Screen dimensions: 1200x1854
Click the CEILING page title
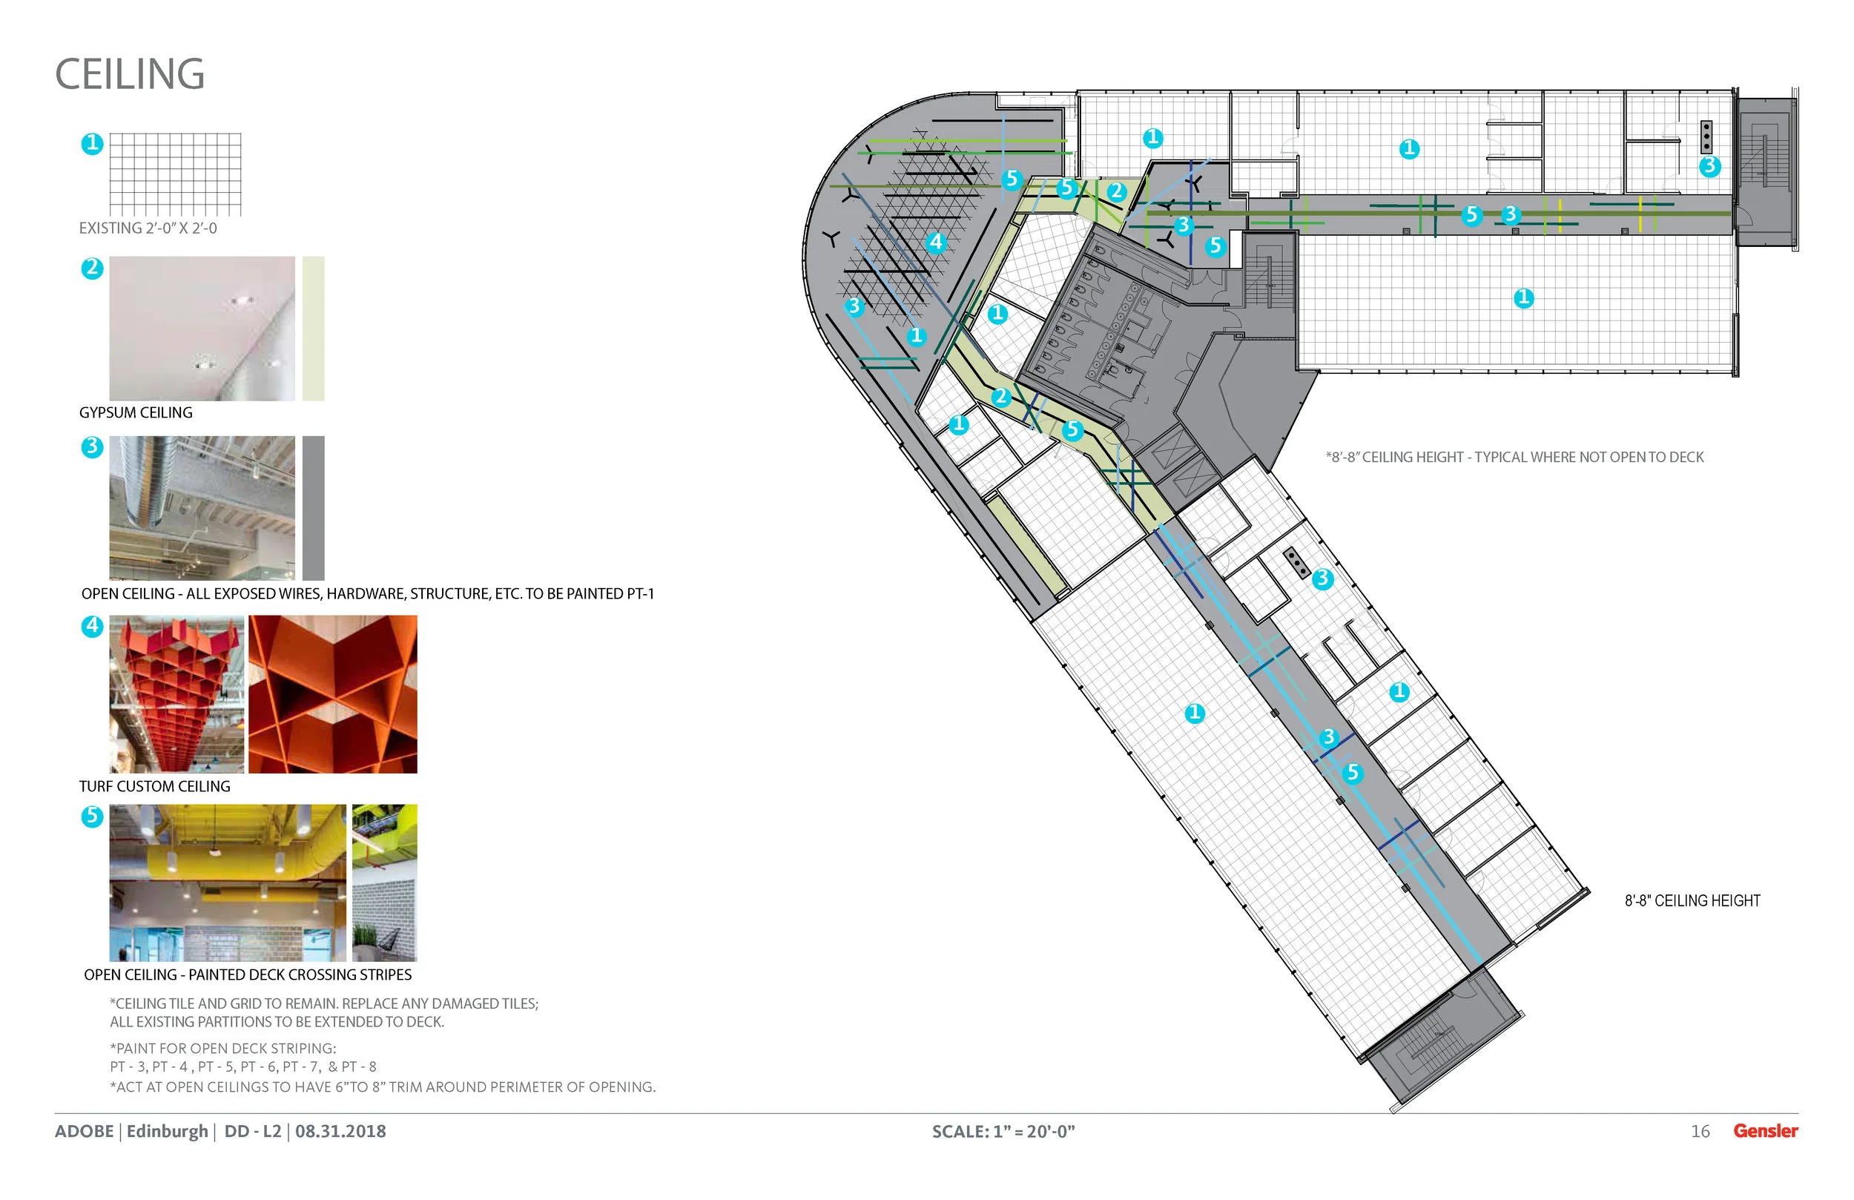click(x=129, y=74)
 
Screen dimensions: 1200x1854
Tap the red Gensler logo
click(x=1765, y=1130)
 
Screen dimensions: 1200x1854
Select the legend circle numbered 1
click(x=92, y=143)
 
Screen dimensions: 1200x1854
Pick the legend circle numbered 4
click(x=92, y=626)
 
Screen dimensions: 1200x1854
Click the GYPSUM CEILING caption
click(x=136, y=412)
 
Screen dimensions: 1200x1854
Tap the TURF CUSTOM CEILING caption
click(x=154, y=786)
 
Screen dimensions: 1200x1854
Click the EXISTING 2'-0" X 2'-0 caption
click(x=148, y=228)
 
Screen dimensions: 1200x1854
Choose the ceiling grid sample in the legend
click(x=175, y=174)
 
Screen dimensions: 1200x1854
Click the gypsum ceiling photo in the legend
click(x=202, y=328)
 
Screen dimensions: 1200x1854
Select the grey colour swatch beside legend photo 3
click(x=313, y=507)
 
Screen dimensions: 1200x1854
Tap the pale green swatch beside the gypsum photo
click(x=313, y=328)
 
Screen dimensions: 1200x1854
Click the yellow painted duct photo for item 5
click(x=228, y=882)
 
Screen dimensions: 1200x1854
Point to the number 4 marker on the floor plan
click(x=936, y=243)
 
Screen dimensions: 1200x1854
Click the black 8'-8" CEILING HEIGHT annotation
click(x=1692, y=901)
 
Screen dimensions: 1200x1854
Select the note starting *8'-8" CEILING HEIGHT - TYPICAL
click(x=1514, y=458)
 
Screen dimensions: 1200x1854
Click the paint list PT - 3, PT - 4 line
click(x=243, y=1067)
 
